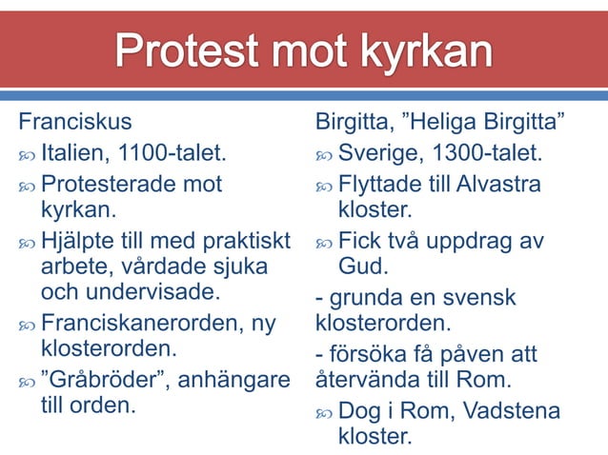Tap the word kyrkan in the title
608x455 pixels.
(420, 52)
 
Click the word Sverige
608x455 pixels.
(379, 152)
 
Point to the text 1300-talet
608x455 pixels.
(486, 152)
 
